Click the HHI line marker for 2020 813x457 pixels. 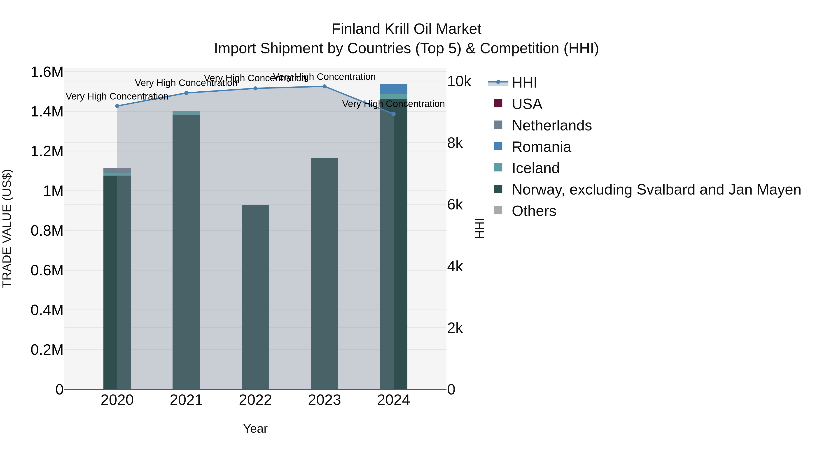tap(117, 106)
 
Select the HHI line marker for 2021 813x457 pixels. tap(186, 93)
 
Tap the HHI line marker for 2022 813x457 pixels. tap(255, 88)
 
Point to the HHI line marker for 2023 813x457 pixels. tap(325, 86)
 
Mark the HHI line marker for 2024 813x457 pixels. tap(394, 114)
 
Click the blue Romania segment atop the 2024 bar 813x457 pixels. tap(394, 89)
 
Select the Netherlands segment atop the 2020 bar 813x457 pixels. tap(117, 170)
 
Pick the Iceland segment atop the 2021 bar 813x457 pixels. tap(186, 113)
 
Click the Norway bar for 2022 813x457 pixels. tap(255, 297)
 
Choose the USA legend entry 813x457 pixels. tap(527, 104)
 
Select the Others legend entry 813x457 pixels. tap(534, 211)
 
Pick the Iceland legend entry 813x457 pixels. tap(535, 168)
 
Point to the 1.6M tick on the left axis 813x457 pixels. tap(47, 72)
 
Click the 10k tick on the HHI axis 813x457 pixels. tap(459, 82)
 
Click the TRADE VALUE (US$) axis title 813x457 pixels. tap(7, 228)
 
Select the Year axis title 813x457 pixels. tap(255, 429)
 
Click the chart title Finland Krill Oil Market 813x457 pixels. tap(406, 29)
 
